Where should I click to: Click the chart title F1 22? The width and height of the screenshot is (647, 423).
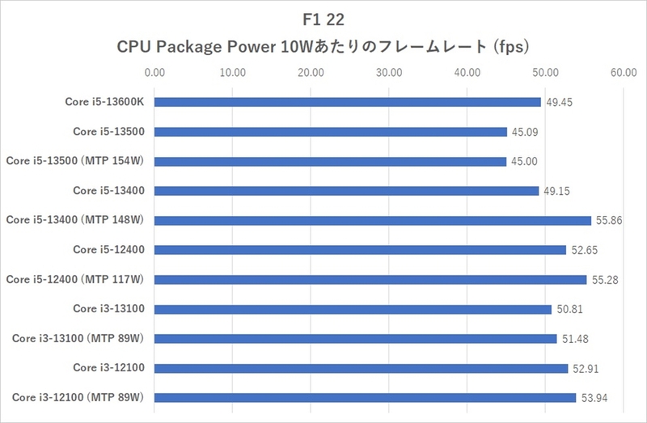pyautogui.click(x=323, y=18)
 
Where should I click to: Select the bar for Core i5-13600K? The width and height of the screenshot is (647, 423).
pyautogui.click(x=347, y=102)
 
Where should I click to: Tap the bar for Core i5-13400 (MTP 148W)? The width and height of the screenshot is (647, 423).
pyautogui.click(x=372, y=220)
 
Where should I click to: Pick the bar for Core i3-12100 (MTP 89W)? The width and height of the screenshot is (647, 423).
pyautogui.click(x=365, y=397)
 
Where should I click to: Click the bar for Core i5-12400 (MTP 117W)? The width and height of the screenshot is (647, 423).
pyautogui.click(x=370, y=279)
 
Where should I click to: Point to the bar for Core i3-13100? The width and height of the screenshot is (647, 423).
pyautogui.click(x=353, y=308)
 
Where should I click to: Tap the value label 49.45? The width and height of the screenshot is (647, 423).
pyautogui.click(x=559, y=102)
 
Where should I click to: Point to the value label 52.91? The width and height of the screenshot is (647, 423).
pyautogui.click(x=586, y=368)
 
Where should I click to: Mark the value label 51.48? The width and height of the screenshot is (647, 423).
pyautogui.click(x=575, y=338)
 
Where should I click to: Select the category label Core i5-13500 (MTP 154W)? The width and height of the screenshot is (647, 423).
pyautogui.click(x=74, y=161)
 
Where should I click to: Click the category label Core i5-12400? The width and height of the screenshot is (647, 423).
pyautogui.click(x=108, y=249)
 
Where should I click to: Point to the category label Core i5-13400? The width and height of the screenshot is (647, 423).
pyautogui.click(x=108, y=190)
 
